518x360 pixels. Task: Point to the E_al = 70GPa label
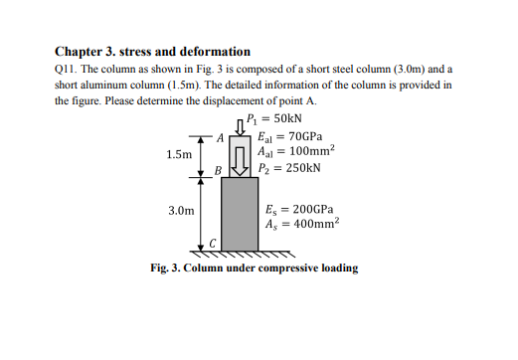[x=288, y=136]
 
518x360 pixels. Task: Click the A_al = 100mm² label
[x=297, y=151]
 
